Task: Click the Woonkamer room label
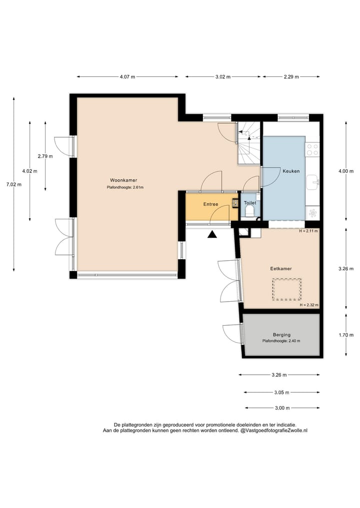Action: [x=123, y=180]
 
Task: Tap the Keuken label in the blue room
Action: [x=291, y=171]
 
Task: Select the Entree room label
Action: [x=211, y=204]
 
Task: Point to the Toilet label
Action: [x=250, y=203]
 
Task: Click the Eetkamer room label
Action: [x=281, y=269]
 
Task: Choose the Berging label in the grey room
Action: [x=281, y=335]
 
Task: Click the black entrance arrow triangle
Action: [x=212, y=234]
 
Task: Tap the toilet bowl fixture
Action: [x=249, y=212]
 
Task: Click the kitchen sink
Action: [x=313, y=183]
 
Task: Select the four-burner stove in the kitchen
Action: [x=312, y=150]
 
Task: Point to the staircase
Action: [x=249, y=143]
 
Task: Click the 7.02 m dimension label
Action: [x=14, y=185]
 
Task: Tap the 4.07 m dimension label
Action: [x=127, y=77]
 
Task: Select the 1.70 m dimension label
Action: [x=346, y=335]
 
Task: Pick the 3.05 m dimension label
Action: [x=281, y=392]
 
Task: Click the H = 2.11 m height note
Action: [x=308, y=231]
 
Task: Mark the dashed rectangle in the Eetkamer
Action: [x=286, y=289]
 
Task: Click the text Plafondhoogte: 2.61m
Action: [x=125, y=187]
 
